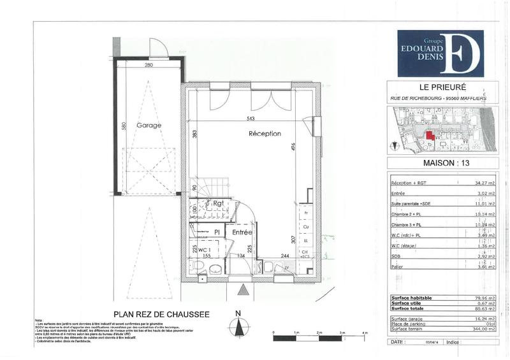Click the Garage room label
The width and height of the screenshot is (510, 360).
pyautogui.click(x=148, y=126)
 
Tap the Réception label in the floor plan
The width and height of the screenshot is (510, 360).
pyautogui.click(x=265, y=134)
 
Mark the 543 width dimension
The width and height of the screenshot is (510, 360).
pyautogui.click(x=251, y=119)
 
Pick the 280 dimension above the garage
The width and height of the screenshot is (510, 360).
pyautogui.click(x=149, y=66)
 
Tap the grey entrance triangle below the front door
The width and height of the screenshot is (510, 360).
pyautogui.click(x=242, y=291)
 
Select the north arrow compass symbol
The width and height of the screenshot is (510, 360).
pyautogui.click(x=237, y=326)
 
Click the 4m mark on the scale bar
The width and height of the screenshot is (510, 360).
pyautogui.click(x=365, y=333)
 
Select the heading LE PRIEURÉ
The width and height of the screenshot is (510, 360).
pyautogui.click(x=437, y=87)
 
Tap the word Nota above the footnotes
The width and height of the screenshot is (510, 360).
pyautogui.click(x=40, y=320)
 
